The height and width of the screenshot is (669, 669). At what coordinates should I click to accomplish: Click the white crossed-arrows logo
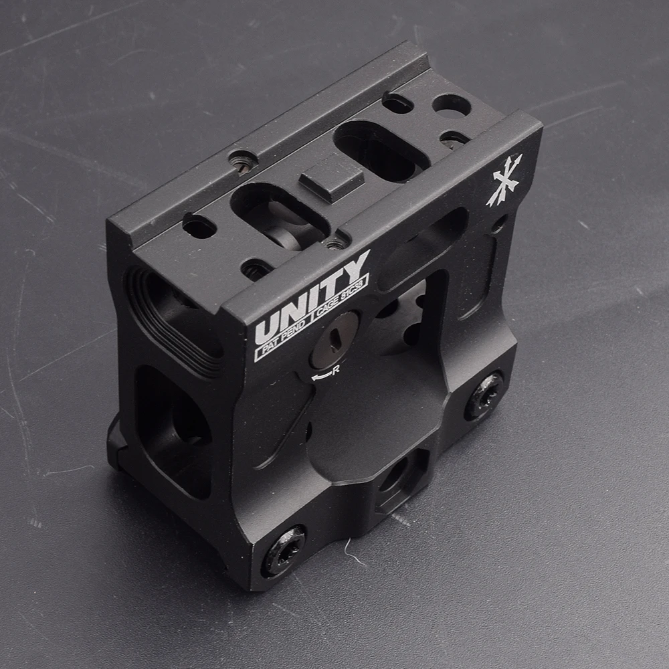click(504, 180)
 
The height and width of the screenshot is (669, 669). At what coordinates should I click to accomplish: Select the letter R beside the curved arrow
click(336, 369)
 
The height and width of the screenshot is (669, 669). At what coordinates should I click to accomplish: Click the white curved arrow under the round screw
click(321, 375)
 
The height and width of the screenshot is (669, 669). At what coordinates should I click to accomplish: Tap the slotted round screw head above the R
click(334, 340)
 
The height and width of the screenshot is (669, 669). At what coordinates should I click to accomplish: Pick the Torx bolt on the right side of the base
click(484, 395)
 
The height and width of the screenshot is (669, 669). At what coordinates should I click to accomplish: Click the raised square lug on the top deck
click(332, 179)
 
